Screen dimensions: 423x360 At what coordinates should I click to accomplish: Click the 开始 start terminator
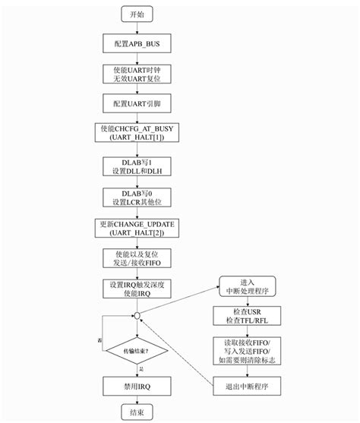[x=137, y=14]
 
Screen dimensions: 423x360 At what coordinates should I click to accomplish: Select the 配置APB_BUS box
[x=137, y=43]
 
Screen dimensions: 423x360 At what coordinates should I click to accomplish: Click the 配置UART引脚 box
[x=137, y=102]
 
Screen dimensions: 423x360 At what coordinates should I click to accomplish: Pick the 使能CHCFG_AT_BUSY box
[x=137, y=133]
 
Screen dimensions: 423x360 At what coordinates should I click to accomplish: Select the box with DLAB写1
[x=137, y=166]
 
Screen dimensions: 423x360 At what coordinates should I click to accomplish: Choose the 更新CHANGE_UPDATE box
[x=137, y=228]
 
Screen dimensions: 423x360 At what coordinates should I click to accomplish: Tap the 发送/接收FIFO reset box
[x=137, y=258]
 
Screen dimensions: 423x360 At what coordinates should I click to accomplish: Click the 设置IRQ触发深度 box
[x=137, y=289]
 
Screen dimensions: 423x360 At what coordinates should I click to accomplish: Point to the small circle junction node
[x=137, y=315]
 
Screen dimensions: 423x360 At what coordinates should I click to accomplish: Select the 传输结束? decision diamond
[x=137, y=351]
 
